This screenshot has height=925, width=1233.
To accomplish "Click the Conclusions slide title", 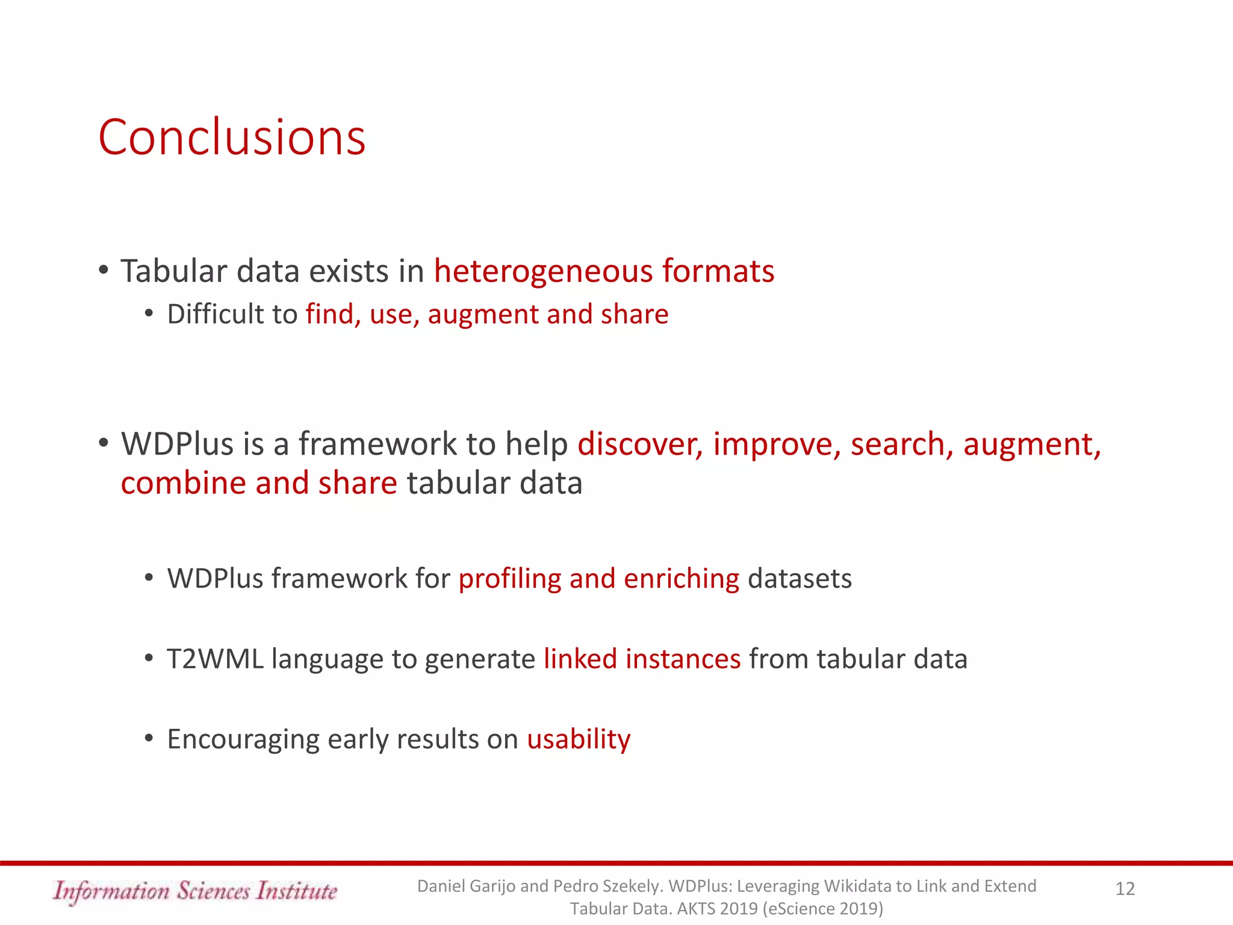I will tap(232, 137).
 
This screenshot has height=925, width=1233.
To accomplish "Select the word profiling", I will tap(509, 579).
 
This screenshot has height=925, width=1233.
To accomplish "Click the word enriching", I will tap(681, 579).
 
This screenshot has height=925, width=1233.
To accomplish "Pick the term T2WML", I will tap(215, 659).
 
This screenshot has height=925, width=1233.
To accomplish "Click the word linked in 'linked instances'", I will tap(580, 659).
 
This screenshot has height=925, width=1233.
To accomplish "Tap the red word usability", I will tap(579, 740).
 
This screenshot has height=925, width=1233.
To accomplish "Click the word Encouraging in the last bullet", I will tap(243, 740).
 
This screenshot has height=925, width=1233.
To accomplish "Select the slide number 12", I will tap(1125, 889).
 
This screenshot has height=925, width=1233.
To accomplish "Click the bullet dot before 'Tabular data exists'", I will tap(104, 270).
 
